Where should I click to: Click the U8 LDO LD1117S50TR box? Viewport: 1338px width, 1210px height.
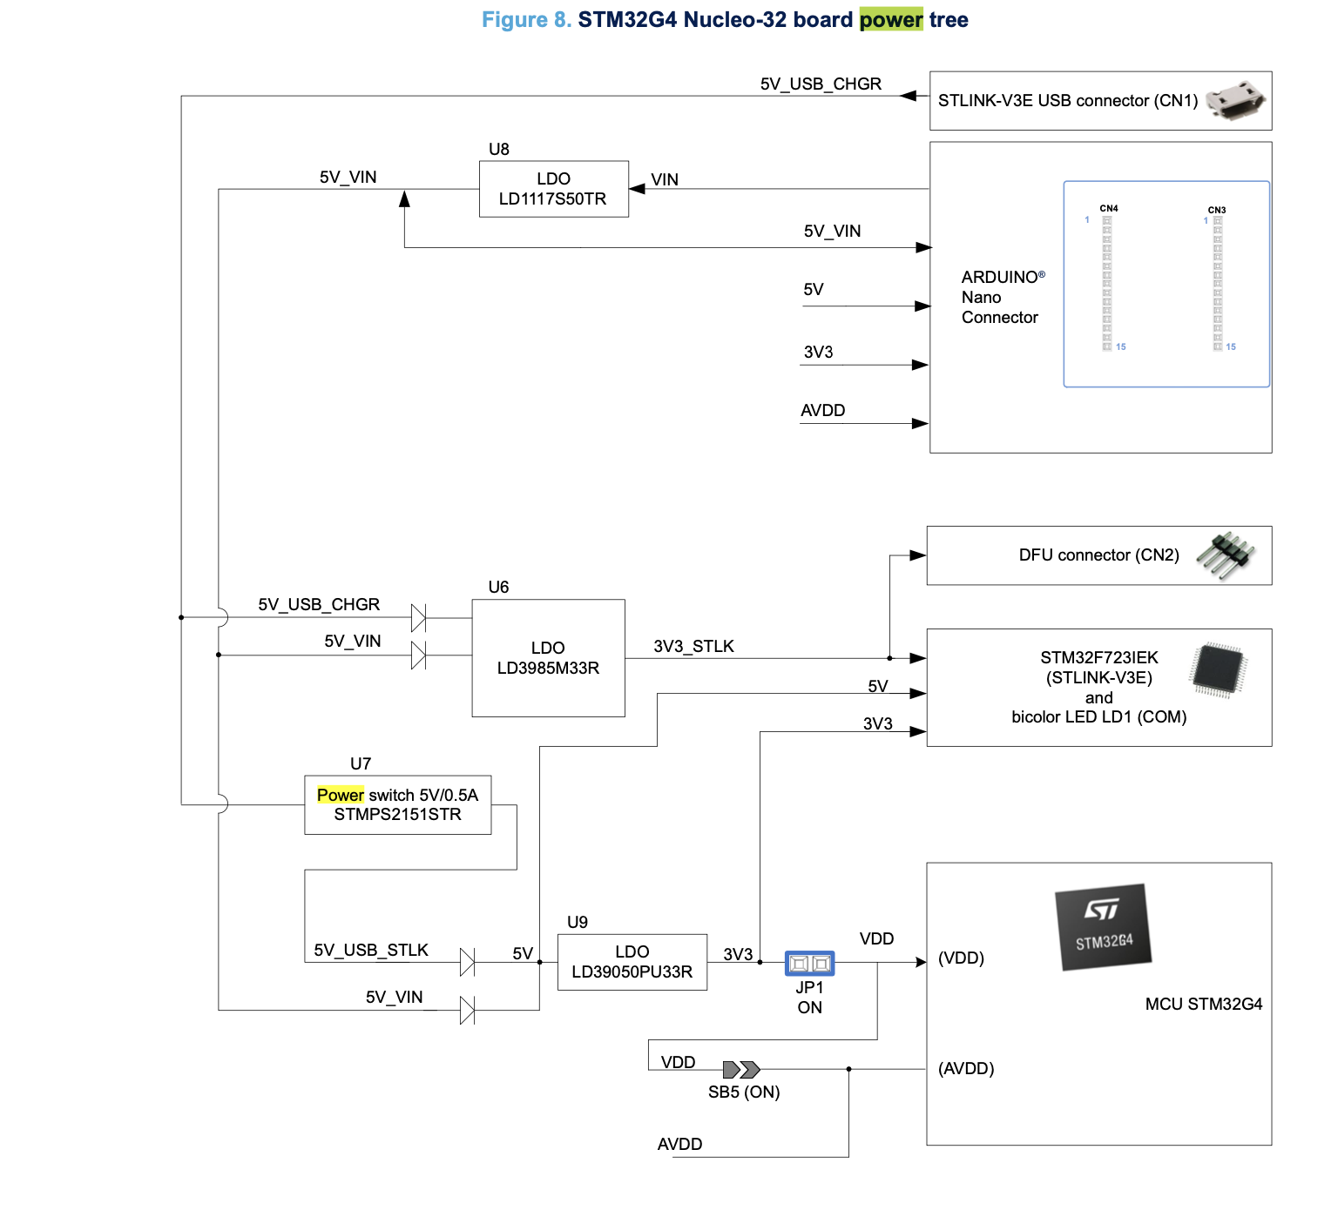553,189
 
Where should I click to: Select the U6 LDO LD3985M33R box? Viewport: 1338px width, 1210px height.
548,658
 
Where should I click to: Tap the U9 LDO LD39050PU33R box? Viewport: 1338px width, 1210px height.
632,962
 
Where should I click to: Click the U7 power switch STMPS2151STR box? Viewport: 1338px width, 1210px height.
397,804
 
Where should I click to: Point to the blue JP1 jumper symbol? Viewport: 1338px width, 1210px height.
809,963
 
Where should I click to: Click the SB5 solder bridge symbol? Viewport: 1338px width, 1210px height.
741,1069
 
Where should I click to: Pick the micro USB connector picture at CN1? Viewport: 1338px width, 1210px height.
1235,100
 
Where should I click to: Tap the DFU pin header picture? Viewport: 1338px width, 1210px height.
1226,554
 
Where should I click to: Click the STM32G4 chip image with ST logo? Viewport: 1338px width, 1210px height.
1104,927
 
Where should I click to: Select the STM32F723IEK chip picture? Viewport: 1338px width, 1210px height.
1218,670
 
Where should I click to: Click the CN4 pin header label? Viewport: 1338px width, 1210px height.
1109,209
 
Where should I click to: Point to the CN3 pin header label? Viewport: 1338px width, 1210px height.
1217,210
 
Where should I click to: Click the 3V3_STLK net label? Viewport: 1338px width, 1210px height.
693,646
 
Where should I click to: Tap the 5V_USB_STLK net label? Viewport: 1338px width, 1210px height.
371,950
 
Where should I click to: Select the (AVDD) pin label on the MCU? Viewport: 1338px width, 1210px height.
966,1068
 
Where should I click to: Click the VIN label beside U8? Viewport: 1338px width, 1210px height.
665,179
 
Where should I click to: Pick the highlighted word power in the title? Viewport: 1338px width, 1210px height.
890,19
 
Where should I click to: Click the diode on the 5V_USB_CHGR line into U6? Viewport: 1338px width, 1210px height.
418,618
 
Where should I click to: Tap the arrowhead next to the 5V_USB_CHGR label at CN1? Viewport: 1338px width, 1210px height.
908,96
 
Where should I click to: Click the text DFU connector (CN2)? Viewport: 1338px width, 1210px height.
1098,555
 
